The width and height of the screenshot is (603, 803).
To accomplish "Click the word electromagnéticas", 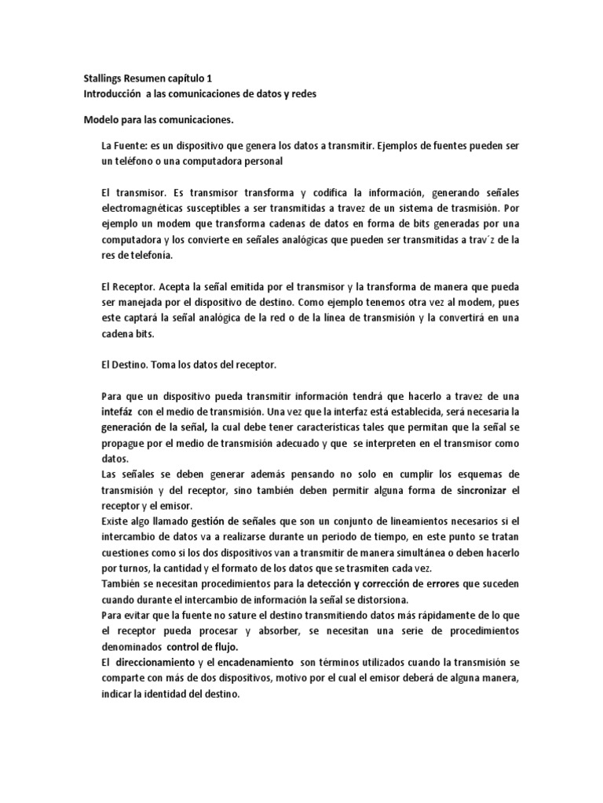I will tap(148, 209).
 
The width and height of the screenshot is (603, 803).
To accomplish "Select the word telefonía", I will tap(149, 256).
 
